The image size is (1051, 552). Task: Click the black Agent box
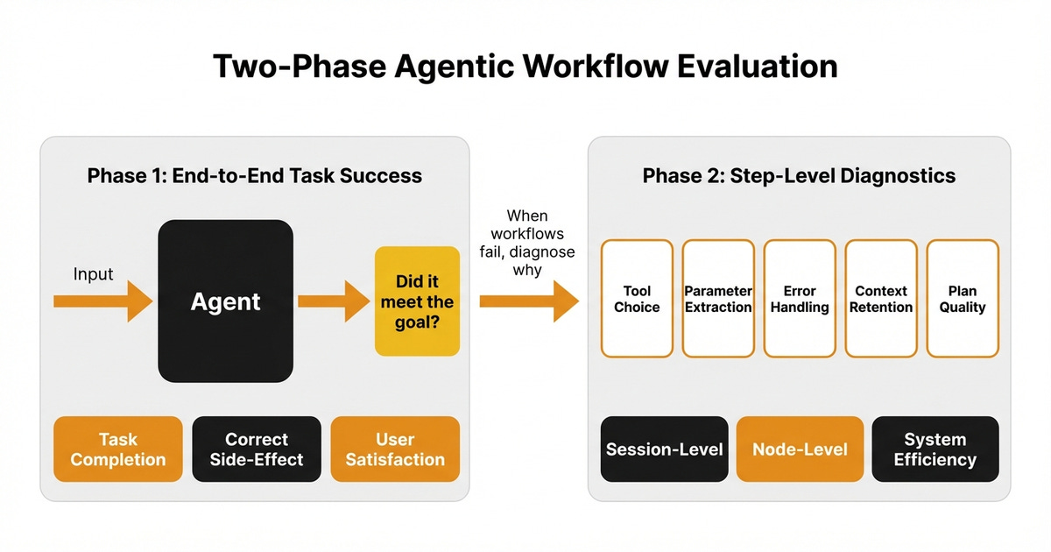pyautogui.click(x=225, y=301)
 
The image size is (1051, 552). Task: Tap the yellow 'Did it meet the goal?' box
pyautogui.click(x=417, y=301)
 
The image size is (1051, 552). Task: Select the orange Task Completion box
pyautogui.click(x=118, y=449)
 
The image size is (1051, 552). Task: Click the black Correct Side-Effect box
pyautogui.click(x=257, y=449)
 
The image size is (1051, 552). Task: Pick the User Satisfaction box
pyautogui.click(x=395, y=449)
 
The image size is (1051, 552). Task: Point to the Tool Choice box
pyautogui.click(x=637, y=299)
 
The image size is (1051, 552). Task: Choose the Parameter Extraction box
pyautogui.click(x=718, y=299)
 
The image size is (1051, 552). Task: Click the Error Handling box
pyautogui.click(x=800, y=299)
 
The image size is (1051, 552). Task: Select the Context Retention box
pyautogui.click(x=881, y=299)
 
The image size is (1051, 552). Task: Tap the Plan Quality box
pyautogui.click(x=963, y=299)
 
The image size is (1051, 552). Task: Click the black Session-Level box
pyautogui.click(x=665, y=449)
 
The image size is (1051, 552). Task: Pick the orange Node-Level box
pyautogui.click(x=800, y=449)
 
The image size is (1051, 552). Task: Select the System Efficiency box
pyautogui.click(x=935, y=449)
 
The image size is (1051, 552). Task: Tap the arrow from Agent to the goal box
pyautogui.click(x=333, y=301)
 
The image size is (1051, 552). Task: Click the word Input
pyautogui.click(x=93, y=274)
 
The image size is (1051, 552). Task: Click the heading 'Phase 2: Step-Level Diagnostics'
pyautogui.click(x=799, y=176)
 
